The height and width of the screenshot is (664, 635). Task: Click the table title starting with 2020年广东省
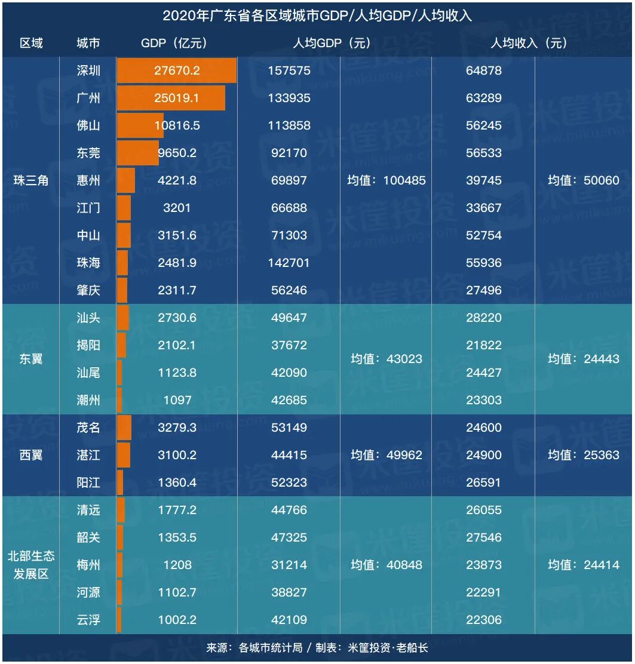[x=317, y=16]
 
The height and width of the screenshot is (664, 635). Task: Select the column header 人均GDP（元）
[x=332, y=43]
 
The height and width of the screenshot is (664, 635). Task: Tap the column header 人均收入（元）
[x=529, y=43]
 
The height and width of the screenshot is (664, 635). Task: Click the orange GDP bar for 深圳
[x=177, y=70]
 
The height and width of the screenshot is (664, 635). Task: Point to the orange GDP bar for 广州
[x=171, y=98]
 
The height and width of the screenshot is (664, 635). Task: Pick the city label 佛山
[x=88, y=125]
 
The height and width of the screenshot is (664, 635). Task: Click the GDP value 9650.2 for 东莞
[x=177, y=153]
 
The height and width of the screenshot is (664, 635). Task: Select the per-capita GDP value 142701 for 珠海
[x=289, y=263]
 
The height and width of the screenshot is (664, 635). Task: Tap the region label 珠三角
[x=31, y=180]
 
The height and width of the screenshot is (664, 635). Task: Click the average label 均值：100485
[x=386, y=180]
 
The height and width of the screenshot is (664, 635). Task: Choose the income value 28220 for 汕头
[x=484, y=318]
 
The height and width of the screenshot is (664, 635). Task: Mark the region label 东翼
[x=31, y=359]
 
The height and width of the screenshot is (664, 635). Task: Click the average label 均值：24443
[x=584, y=359]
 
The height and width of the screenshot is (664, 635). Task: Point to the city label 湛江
[x=88, y=455]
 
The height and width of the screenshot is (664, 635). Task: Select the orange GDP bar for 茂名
[x=124, y=428]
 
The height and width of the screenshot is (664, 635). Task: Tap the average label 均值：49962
[x=386, y=455]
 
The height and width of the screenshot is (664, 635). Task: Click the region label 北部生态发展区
[x=31, y=565]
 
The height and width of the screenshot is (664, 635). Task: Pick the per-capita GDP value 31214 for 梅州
[x=289, y=565]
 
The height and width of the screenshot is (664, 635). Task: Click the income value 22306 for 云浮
[x=484, y=620]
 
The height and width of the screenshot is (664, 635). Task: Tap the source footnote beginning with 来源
[x=317, y=648]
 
